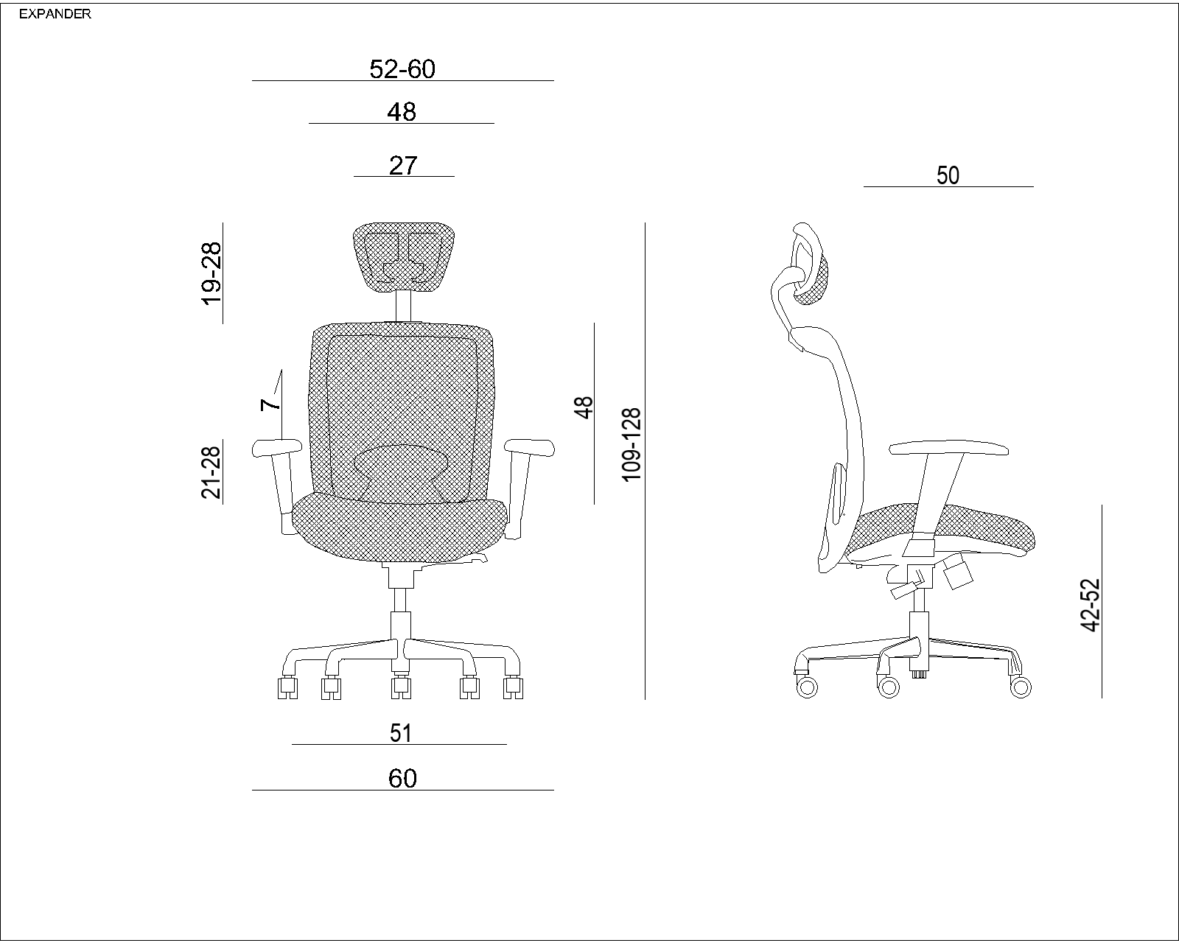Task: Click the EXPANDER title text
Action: click(55, 14)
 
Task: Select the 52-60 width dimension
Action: click(402, 69)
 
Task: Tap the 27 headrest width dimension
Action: click(403, 166)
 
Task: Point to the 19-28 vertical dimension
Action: click(211, 273)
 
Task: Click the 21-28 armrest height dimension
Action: click(211, 472)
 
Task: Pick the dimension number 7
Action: click(270, 404)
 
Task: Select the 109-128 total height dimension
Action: click(632, 445)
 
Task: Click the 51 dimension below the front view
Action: click(400, 733)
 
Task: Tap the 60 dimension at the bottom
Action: click(402, 779)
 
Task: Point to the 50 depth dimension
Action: click(948, 176)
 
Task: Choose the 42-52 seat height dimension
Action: click(1091, 605)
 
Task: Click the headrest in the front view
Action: click(404, 256)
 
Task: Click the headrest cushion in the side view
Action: click(813, 279)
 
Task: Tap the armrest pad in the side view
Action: click(948, 448)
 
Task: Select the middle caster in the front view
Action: click(401, 687)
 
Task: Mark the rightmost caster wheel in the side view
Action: click(1021, 687)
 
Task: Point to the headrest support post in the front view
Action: click(403, 306)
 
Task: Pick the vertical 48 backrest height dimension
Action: click(584, 407)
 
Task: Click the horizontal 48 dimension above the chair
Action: click(402, 112)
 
